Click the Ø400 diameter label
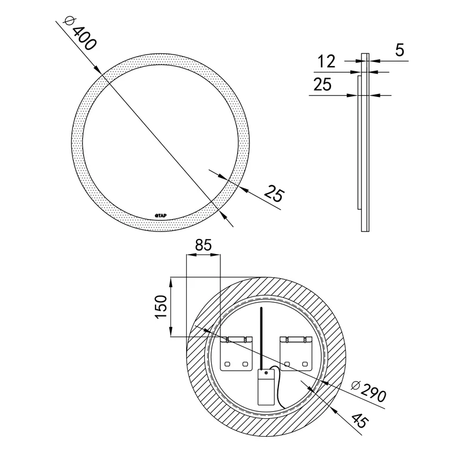point(80,33)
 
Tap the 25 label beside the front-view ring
point(274,194)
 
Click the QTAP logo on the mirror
point(161,216)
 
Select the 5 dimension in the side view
point(400,50)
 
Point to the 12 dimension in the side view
point(327,61)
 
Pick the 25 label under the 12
point(322,84)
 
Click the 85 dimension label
point(204,245)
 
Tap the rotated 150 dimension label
point(161,307)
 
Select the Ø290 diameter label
point(369,392)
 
